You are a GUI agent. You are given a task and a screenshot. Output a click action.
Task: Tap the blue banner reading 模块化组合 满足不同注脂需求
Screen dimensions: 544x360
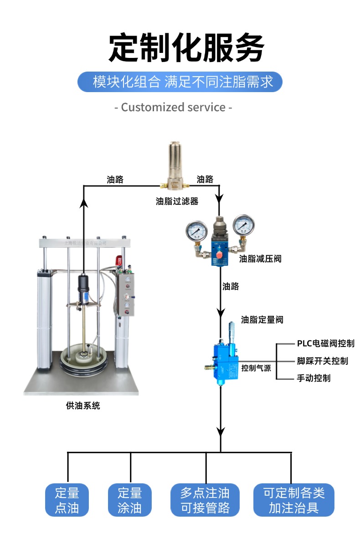pos(180,82)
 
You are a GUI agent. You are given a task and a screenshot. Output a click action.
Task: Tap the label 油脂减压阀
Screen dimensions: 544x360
pos(260,259)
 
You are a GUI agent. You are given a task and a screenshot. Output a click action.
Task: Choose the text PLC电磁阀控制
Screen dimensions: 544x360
pos(325,343)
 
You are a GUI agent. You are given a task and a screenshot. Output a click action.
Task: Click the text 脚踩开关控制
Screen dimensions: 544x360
pos(322,361)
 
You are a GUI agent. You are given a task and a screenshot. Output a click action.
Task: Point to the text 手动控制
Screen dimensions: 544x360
pos(314,378)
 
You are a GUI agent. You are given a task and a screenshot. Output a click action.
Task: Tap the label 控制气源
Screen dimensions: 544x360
pos(256,368)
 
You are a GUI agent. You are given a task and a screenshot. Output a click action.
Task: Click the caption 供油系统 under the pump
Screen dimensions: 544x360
pos(83,405)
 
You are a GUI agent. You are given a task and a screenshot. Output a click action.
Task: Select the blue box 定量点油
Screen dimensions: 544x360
pos(67,500)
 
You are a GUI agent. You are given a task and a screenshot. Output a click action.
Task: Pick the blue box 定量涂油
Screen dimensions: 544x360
pos(130,500)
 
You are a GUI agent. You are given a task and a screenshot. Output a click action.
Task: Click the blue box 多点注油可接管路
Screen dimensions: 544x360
pos(205,500)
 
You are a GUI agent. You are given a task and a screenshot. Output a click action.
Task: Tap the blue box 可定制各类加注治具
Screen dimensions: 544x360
pos(294,500)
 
